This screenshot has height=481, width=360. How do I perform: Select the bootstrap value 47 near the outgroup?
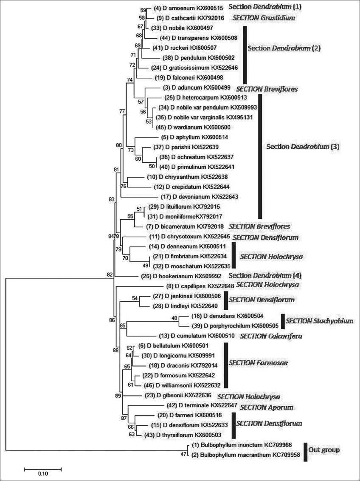coord(183,455)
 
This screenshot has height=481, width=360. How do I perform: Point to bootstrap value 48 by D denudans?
coord(174,318)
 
